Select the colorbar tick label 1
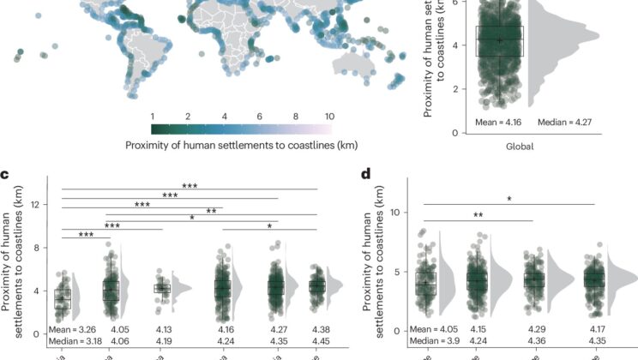tap(153, 115)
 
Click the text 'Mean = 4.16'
tap(500, 123)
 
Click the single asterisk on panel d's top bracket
tap(509, 199)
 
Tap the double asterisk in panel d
tap(477, 216)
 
